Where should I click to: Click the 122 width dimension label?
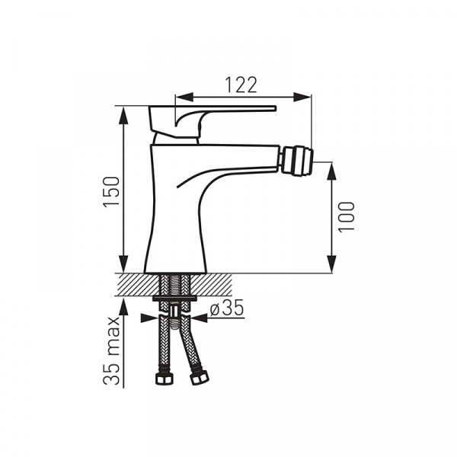point(241,85)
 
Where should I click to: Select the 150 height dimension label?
point(112,190)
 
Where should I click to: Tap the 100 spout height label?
point(347,216)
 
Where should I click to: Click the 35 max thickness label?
point(112,350)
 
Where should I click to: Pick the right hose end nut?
point(200,377)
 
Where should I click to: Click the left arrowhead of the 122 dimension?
point(184,97)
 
